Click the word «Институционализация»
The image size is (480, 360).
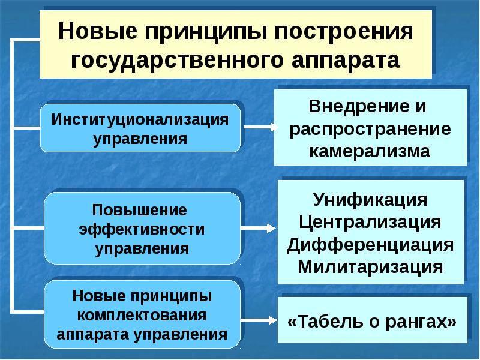[x=140, y=118]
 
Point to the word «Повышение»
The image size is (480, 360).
[x=140, y=211]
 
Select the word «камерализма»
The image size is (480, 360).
[x=370, y=151]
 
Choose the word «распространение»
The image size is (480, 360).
[x=370, y=129]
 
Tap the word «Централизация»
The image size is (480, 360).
[x=370, y=222]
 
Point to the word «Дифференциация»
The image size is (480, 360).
[x=370, y=244]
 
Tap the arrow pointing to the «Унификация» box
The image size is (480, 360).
[x=259, y=228]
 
